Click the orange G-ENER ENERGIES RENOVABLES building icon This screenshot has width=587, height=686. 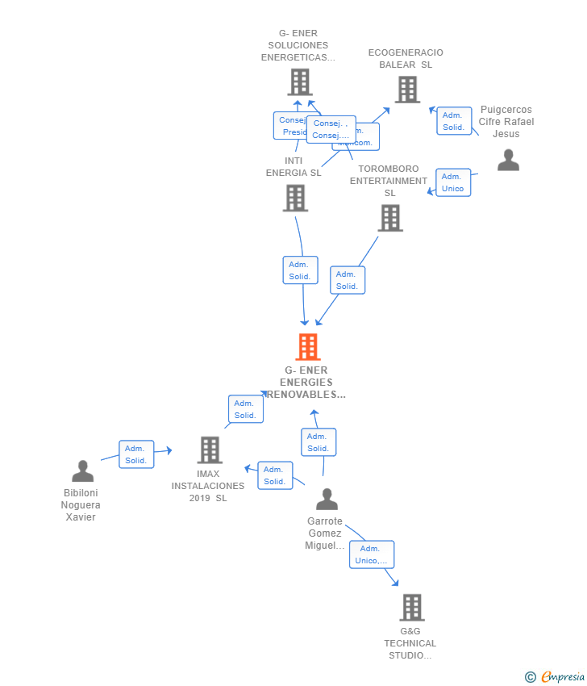pos(307,347)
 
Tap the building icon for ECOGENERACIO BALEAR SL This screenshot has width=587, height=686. pos(407,90)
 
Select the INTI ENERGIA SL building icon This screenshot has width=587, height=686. pos(295,199)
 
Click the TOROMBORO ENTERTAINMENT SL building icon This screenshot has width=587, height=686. pos(390,218)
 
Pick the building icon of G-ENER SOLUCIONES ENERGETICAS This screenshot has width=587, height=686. pos(300,82)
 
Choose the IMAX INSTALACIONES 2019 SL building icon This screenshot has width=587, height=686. pos(210,450)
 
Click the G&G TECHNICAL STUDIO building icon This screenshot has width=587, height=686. pos(411,608)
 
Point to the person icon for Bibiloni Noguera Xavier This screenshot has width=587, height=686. pos(82,471)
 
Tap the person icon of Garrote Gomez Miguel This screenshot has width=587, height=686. pos(327,500)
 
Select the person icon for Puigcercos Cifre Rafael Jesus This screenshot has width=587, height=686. pos(508,160)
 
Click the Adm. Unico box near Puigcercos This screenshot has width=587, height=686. pos(452,182)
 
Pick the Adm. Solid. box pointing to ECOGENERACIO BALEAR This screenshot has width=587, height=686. pos(454,121)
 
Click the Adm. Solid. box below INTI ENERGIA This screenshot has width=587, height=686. pos(300,270)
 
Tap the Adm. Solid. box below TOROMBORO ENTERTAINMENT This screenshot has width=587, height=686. pos(348,280)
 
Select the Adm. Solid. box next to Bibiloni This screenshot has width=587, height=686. pos(135,454)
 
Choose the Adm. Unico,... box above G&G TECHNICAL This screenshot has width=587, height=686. pos(372,554)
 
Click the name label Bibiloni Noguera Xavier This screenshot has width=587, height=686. pos(81,505)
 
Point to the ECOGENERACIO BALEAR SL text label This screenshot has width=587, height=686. pos(406,59)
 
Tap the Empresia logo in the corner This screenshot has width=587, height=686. pos(563,677)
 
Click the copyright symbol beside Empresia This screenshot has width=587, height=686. pos(531,677)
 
